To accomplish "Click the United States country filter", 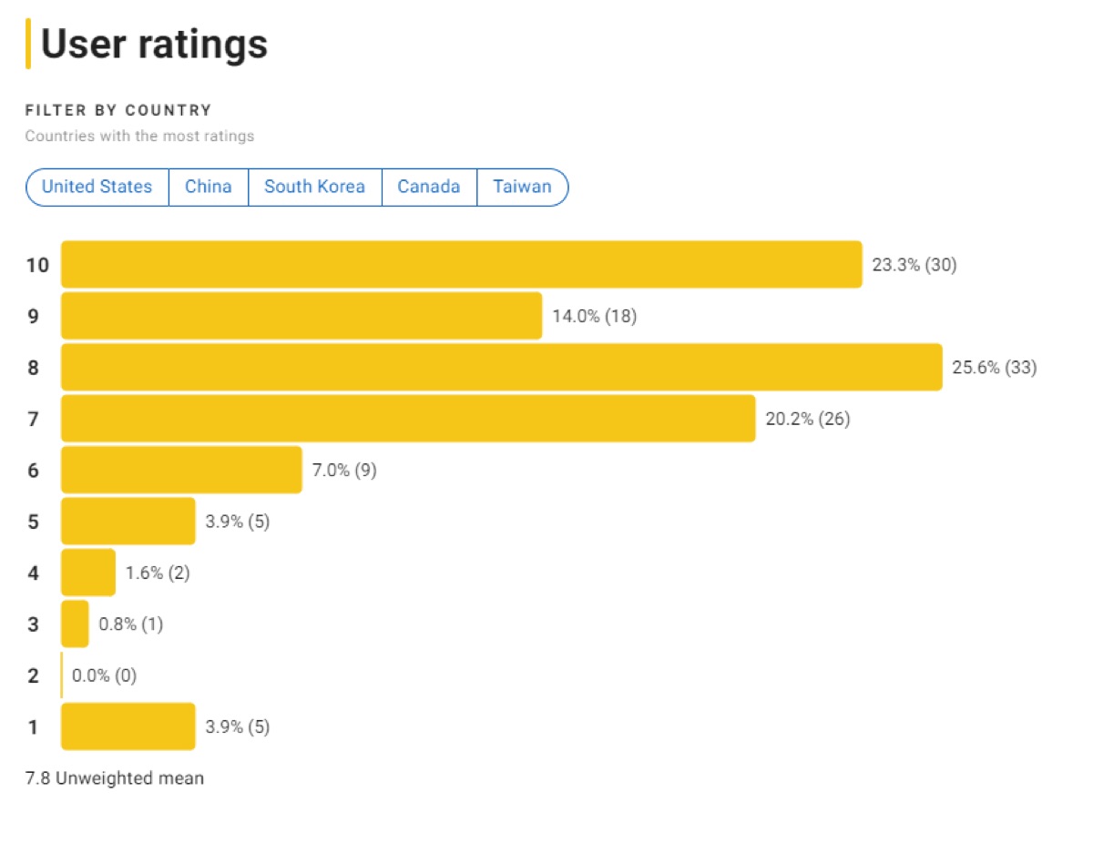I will click(x=97, y=187).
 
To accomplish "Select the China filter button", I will click(x=209, y=187).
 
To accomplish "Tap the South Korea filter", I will click(x=314, y=187).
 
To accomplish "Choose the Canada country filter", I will click(x=429, y=187).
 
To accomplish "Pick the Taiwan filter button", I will click(x=522, y=187).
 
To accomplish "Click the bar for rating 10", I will click(x=461, y=265).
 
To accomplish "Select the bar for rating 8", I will click(x=501, y=368).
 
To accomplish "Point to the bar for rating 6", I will click(x=181, y=470).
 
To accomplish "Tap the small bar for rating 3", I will click(x=75, y=624).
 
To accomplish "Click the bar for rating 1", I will click(x=128, y=726).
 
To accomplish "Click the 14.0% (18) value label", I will click(x=594, y=317).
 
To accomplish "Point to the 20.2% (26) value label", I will click(x=807, y=420).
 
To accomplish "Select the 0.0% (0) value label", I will click(x=105, y=675).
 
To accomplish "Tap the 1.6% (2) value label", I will click(x=158, y=573).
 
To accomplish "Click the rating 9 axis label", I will click(x=33, y=317).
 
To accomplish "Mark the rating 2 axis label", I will click(x=33, y=675).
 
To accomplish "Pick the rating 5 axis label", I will click(x=33, y=522).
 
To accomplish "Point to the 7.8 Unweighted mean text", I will click(x=115, y=778).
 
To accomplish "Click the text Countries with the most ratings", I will click(x=139, y=137).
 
